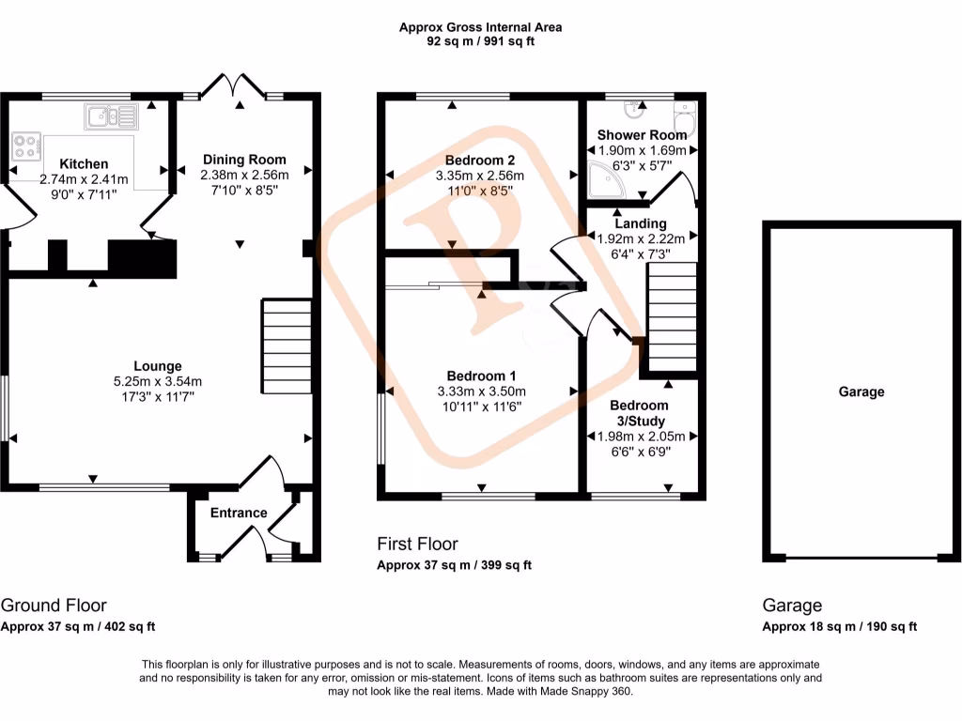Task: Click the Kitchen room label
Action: pyautogui.click(x=84, y=164)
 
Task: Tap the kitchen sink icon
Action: pyautogui.click(x=111, y=116)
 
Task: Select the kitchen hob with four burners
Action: pyautogui.click(x=26, y=146)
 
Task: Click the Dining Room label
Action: pyautogui.click(x=243, y=160)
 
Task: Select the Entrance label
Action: pyautogui.click(x=238, y=513)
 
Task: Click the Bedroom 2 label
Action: pyautogui.click(x=480, y=159)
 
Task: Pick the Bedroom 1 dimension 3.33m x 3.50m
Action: pyautogui.click(x=480, y=391)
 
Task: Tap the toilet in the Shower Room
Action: pyautogui.click(x=686, y=120)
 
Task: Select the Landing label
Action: pyautogui.click(x=641, y=223)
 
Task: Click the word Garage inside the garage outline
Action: pyautogui.click(x=861, y=391)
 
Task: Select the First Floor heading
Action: pyautogui.click(x=417, y=544)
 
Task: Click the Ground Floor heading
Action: pyautogui.click(x=54, y=606)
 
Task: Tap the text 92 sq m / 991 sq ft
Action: pyautogui.click(x=480, y=41)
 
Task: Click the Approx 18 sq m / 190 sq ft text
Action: pyautogui.click(x=839, y=627)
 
